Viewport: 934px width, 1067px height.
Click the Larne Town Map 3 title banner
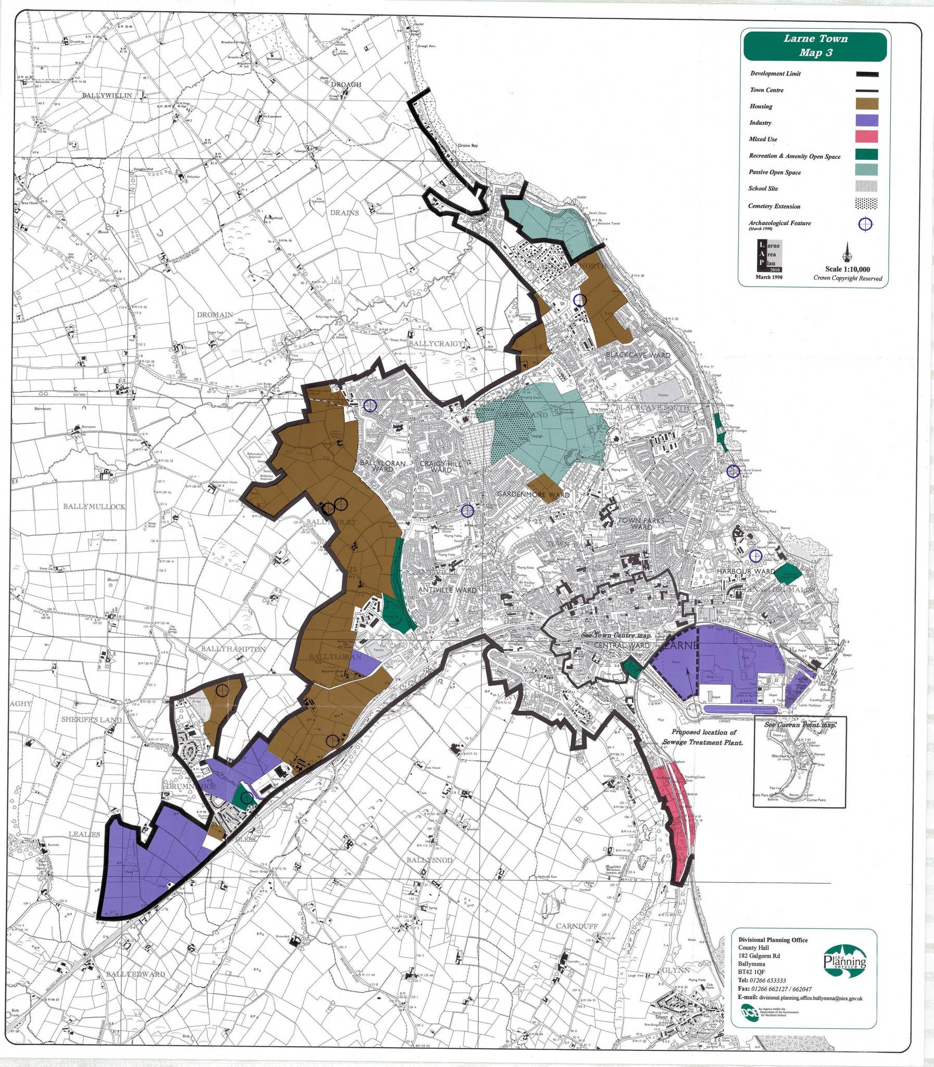(815, 45)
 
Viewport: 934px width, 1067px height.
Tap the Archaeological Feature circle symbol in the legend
(865, 224)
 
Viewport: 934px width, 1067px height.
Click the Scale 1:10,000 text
(848, 269)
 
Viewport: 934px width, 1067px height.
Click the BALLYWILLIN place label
(107, 95)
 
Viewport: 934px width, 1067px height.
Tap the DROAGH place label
(345, 84)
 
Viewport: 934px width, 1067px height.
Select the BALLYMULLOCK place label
(94, 506)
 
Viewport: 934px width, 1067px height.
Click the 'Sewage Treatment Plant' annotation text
(703, 742)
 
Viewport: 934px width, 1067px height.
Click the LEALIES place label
(84, 835)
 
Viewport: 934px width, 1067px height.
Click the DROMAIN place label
(215, 315)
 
